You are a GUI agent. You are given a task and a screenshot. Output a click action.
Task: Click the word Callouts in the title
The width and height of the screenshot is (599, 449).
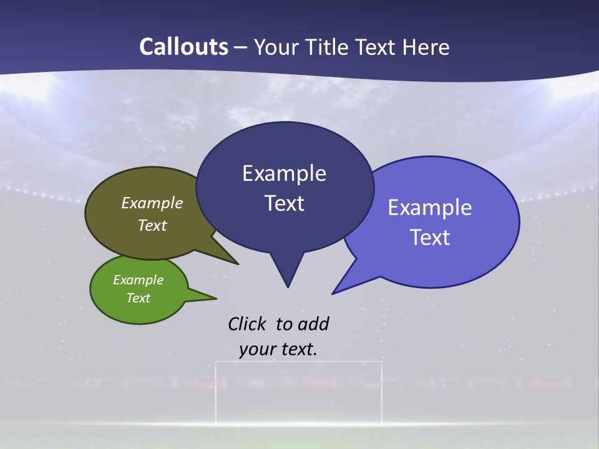[183, 47]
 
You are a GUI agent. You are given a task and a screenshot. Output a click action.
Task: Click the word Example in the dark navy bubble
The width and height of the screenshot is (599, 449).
[284, 173]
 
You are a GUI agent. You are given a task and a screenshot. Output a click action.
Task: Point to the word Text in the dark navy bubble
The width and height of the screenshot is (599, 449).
[284, 203]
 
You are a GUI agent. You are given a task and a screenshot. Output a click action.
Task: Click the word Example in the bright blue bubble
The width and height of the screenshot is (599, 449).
[430, 208]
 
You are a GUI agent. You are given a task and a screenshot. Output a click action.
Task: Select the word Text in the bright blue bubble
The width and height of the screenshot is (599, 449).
[430, 238]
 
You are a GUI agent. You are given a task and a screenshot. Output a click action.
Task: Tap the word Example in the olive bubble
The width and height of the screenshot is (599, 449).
[152, 203]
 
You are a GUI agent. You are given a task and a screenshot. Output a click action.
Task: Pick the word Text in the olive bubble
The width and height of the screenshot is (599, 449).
[152, 225]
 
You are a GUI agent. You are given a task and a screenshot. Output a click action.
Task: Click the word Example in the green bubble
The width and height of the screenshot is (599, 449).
[138, 280]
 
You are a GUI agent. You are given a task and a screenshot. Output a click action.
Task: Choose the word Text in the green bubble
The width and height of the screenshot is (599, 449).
[138, 298]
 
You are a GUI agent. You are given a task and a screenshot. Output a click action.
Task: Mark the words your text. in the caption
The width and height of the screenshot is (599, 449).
[278, 349]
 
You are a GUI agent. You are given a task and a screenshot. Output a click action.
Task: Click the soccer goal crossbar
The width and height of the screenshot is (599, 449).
[298, 362]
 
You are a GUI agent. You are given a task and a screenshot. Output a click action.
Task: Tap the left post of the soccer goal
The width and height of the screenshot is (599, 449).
[217, 393]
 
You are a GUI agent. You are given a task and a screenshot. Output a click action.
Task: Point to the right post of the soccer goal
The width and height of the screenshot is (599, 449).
[381, 393]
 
